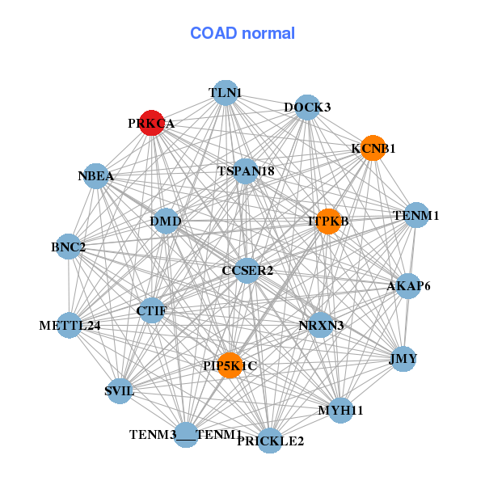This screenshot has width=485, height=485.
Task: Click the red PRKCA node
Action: click(x=151, y=123)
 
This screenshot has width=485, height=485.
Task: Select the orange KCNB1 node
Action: click(x=372, y=149)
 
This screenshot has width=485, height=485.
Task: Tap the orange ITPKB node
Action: click(x=327, y=221)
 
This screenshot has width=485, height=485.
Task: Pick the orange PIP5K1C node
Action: click(x=230, y=365)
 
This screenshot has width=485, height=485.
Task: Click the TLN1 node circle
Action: click(x=226, y=93)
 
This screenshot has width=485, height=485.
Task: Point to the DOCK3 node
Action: click(x=306, y=107)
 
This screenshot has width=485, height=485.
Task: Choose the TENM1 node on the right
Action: click(x=415, y=215)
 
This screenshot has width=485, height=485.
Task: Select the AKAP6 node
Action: click(x=408, y=285)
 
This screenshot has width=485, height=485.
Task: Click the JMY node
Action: click(x=403, y=358)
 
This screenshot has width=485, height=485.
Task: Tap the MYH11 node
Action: click(x=340, y=410)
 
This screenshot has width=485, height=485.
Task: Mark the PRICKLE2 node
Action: click(x=271, y=441)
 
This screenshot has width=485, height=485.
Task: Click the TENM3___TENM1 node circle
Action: click(x=186, y=435)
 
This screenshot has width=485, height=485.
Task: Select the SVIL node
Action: click(x=120, y=391)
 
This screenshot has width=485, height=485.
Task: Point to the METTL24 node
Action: click(x=70, y=326)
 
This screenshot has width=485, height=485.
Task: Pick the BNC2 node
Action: click(x=69, y=246)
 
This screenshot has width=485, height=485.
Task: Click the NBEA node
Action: click(x=96, y=176)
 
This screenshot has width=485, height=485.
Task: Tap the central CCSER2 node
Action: click(x=247, y=270)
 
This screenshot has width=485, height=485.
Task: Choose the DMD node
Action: click(x=166, y=221)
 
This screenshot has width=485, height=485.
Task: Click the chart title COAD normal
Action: click(x=242, y=33)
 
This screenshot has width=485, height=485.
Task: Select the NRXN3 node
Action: click(x=321, y=326)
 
